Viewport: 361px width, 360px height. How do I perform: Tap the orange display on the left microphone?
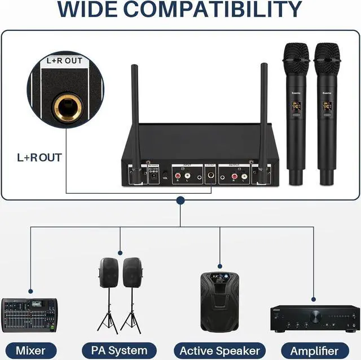click(x=295, y=105)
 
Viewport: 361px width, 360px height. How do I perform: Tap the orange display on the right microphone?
click(x=327, y=105)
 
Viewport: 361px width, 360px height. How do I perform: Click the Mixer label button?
click(x=30, y=350)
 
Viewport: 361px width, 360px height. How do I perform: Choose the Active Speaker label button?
click(x=219, y=350)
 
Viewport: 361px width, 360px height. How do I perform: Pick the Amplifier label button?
click(x=319, y=350)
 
